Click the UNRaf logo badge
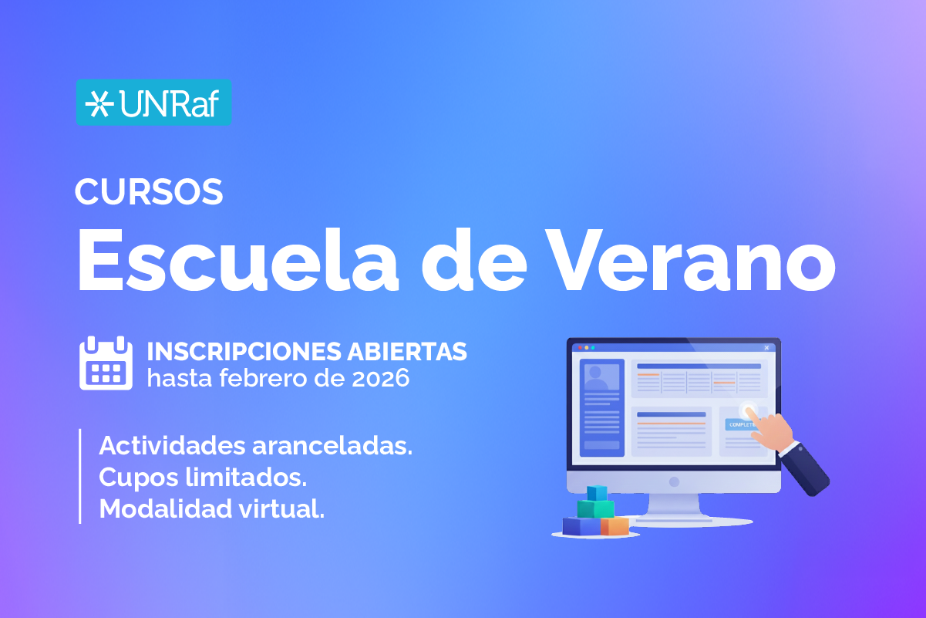pyautogui.click(x=153, y=102)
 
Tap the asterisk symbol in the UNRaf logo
pyautogui.click(x=99, y=103)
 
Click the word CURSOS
pyautogui.click(x=149, y=191)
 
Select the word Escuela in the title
pyautogui.click(x=238, y=261)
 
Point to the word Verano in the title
pyautogui.click(x=691, y=261)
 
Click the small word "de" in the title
pyautogui.click(x=473, y=261)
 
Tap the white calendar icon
pyautogui.click(x=106, y=363)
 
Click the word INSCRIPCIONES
pyautogui.click(x=244, y=352)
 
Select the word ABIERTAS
pyautogui.click(x=407, y=352)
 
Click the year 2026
pyautogui.click(x=380, y=378)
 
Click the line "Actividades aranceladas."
pyautogui.click(x=256, y=446)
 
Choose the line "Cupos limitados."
pyautogui.click(x=203, y=478)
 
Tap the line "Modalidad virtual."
pyautogui.click(x=212, y=508)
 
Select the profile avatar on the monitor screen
pyautogui.click(x=601, y=377)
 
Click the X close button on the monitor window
pyautogui.click(x=766, y=348)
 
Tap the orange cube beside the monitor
pyautogui.click(x=615, y=526)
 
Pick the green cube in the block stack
pyautogui.click(x=596, y=508)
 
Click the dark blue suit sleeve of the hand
pyautogui.click(x=804, y=470)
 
